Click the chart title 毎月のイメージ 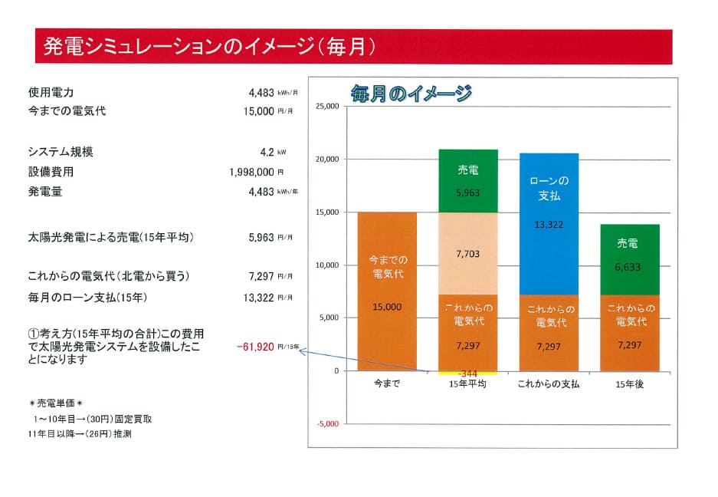pyautogui.click(x=411, y=94)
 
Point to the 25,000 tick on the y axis pyautogui.click(x=326, y=107)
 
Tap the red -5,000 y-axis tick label pyautogui.click(x=326, y=423)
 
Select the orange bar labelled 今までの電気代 pyautogui.click(x=387, y=291)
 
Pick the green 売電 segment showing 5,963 pyautogui.click(x=467, y=181)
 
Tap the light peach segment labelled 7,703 pyautogui.click(x=467, y=253)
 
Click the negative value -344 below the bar pyautogui.click(x=467, y=374)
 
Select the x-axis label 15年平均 pyautogui.click(x=467, y=383)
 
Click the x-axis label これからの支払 pyautogui.click(x=549, y=383)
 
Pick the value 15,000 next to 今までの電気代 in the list pyautogui.click(x=257, y=111)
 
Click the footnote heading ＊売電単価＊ pyautogui.click(x=54, y=403)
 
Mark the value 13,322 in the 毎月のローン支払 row pyautogui.click(x=257, y=297)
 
